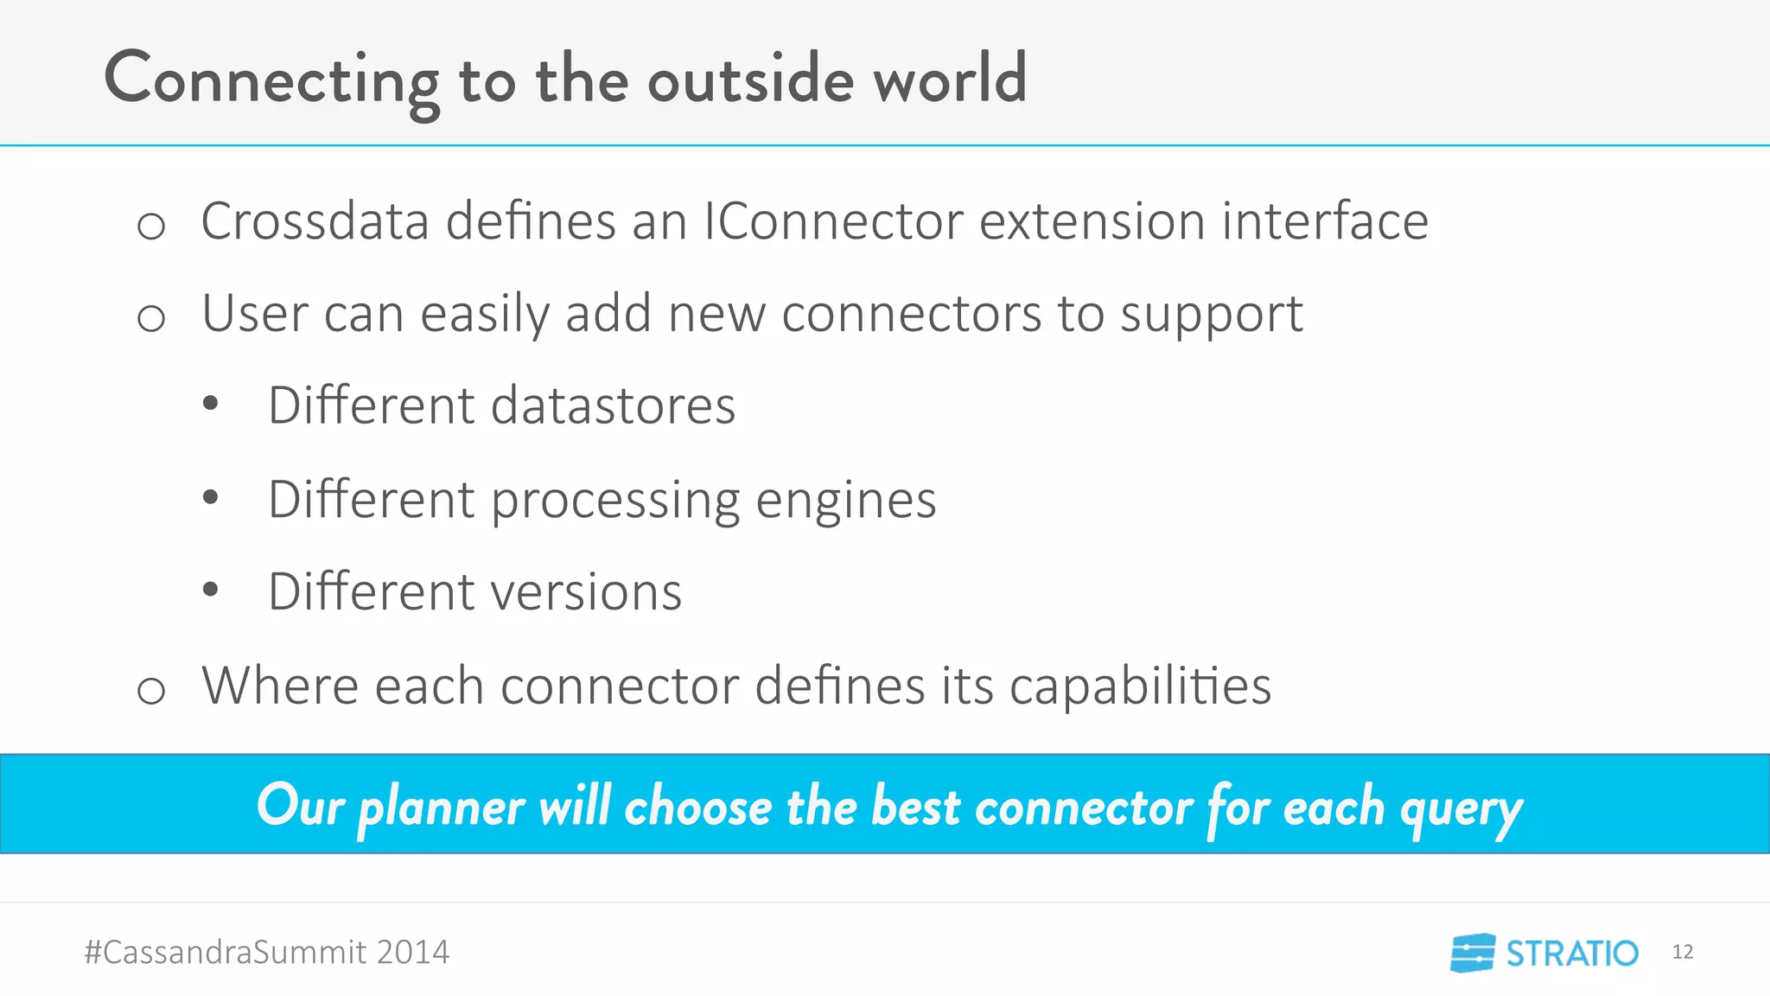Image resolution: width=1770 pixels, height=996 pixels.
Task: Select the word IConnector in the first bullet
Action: tap(832, 221)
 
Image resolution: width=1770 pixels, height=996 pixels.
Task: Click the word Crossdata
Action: tap(315, 221)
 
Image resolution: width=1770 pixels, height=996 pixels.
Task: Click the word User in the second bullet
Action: tap(254, 313)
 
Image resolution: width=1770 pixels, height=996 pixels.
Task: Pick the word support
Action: tap(1211, 315)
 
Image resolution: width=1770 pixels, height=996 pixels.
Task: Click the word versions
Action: tap(586, 592)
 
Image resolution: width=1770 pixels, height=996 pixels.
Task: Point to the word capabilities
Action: tap(1140, 686)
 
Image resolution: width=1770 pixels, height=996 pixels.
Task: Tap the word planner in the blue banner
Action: tap(441, 808)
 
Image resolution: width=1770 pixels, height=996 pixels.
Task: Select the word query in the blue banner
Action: tap(1461, 809)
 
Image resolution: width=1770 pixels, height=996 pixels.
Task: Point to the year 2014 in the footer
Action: tap(412, 952)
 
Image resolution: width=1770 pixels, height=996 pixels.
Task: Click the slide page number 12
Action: tap(1682, 952)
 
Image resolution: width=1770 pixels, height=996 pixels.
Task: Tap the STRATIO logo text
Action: tap(1571, 954)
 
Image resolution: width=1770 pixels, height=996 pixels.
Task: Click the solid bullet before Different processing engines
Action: tap(210, 497)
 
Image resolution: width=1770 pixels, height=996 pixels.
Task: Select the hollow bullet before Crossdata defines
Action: tap(151, 227)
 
